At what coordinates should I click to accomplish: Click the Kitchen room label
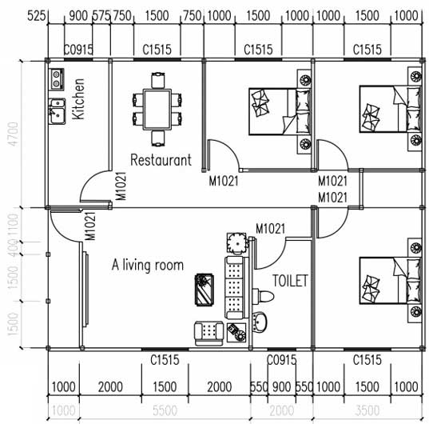[x=78, y=99]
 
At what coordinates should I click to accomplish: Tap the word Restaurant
[x=161, y=160]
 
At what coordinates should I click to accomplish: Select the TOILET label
[x=290, y=281]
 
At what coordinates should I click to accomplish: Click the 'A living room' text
[x=148, y=266]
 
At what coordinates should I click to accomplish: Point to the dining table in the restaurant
[x=157, y=110]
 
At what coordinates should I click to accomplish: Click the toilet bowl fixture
[x=263, y=296]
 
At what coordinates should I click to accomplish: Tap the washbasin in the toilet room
[x=260, y=322]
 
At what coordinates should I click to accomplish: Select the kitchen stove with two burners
[x=57, y=79]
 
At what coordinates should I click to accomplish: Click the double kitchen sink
[x=58, y=111]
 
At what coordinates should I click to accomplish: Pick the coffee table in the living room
[x=204, y=290]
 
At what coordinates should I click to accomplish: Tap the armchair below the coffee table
[x=209, y=334]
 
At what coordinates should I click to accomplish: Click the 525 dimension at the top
[x=36, y=15]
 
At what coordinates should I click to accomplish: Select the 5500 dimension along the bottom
[x=165, y=410]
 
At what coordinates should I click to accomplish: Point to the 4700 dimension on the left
[x=13, y=134]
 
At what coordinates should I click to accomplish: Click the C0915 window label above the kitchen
[x=78, y=50]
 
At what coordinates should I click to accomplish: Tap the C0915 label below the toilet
[x=282, y=360]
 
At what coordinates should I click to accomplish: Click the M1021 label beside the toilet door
[x=270, y=229]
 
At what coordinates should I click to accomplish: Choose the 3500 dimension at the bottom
[x=367, y=410]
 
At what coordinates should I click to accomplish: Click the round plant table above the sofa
[x=236, y=243]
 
